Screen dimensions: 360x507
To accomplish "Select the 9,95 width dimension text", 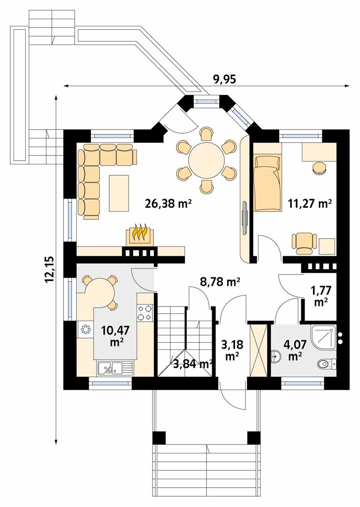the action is (x=224, y=79).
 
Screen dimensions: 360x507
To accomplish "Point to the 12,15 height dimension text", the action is (x=50, y=269).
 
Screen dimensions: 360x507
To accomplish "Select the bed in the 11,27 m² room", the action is (x=267, y=183).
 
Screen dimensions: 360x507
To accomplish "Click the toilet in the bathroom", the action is (x=327, y=364).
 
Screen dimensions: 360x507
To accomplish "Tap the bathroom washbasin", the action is (x=276, y=356).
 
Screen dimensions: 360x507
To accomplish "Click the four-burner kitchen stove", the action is (x=145, y=312).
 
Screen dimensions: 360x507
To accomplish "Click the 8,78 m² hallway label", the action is (x=220, y=282).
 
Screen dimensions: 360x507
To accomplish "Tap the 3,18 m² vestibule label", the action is (x=232, y=350).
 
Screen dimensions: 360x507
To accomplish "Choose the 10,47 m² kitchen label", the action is (x=115, y=336).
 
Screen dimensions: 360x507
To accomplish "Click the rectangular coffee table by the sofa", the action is (x=119, y=193).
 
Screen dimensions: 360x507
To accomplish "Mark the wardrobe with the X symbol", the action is (x=259, y=350).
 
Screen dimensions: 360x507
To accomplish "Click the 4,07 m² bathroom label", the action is (x=293, y=350).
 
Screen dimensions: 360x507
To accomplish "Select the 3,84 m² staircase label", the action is (x=193, y=364).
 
